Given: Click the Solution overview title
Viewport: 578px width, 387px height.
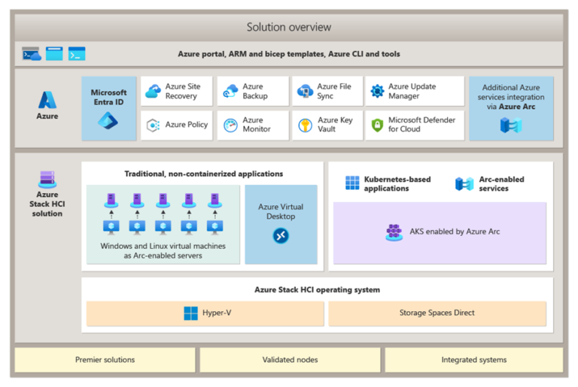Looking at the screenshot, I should click(289, 27).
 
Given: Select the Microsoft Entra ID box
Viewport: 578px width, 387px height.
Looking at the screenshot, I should click(109, 108).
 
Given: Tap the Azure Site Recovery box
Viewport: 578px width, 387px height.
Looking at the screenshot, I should click(177, 92).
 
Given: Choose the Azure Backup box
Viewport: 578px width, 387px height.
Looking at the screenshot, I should click(253, 92).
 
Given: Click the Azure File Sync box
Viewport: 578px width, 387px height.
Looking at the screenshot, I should click(327, 92).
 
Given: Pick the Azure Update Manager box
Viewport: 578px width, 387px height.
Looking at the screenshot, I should click(415, 92).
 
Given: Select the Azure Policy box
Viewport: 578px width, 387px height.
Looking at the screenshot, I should click(177, 125).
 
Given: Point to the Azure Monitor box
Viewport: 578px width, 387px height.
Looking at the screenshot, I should click(253, 125).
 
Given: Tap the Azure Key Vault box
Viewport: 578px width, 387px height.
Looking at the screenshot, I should click(327, 125).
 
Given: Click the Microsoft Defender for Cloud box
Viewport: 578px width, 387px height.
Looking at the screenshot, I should click(415, 125).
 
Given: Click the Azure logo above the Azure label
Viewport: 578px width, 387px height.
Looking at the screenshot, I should click(47, 99).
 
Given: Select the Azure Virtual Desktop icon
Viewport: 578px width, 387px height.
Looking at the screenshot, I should click(281, 236).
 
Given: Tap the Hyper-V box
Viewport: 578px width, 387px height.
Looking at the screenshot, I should click(205, 313).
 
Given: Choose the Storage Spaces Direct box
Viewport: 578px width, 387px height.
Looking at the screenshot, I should click(437, 313).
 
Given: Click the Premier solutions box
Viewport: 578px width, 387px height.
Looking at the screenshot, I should click(105, 360).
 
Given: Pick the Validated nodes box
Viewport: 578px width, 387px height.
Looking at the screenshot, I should click(290, 360).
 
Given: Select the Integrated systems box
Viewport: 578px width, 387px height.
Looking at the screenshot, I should click(473, 360).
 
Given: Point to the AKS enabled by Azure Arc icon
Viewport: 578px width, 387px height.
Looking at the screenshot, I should click(394, 232).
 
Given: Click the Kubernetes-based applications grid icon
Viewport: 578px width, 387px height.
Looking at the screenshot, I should click(352, 183).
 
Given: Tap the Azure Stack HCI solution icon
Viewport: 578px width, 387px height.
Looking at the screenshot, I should click(47, 180).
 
